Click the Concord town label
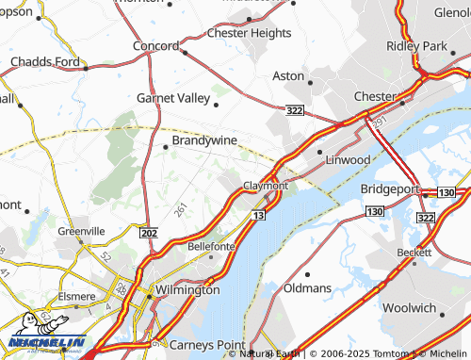155,45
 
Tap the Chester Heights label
249,32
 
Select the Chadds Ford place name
42,62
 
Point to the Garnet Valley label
174,97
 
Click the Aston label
288,75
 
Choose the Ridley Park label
414,45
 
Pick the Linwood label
347,159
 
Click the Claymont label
266,186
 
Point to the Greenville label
81,231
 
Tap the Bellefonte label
212,245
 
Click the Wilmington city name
187,290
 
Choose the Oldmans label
307,286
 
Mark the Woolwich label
409,308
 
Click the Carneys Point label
206,344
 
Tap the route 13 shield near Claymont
257,216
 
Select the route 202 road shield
147,232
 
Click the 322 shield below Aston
295,111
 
